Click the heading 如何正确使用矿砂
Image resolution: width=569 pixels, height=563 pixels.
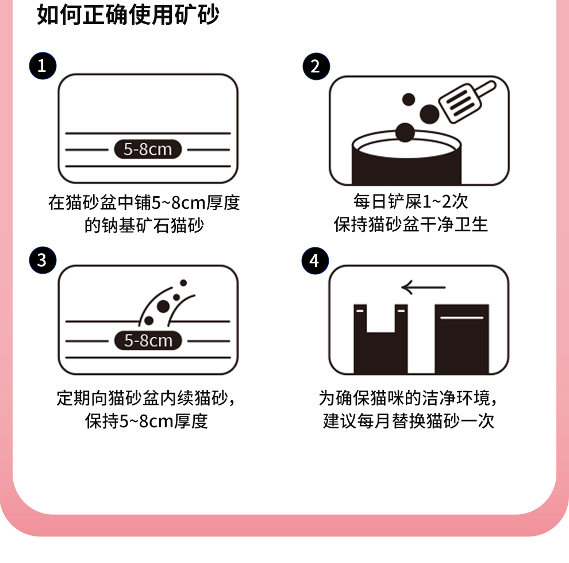(x=128, y=15)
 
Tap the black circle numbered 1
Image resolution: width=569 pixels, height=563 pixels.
(x=43, y=66)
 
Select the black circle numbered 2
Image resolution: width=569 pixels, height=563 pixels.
(x=316, y=66)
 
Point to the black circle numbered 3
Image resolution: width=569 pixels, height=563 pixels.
(x=43, y=261)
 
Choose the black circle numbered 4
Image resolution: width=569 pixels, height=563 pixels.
(x=316, y=261)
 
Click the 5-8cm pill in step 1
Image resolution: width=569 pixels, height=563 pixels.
(x=148, y=149)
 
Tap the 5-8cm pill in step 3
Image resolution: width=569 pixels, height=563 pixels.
(x=148, y=340)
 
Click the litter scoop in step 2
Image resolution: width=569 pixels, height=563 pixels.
(x=467, y=101)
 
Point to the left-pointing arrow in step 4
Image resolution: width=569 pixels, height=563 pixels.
(x=424, y=287)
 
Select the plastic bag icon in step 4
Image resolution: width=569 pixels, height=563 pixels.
(x=380, y=339)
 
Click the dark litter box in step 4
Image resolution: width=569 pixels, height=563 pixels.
(x=462, y=339)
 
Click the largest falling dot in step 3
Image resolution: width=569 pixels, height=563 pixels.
(x=163, y=307)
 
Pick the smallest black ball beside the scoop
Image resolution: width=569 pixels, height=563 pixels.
(x=409, y=99)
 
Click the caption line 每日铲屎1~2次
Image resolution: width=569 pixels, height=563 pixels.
(x=411, y=201)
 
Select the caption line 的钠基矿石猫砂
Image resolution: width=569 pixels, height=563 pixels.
(x=144, y=225)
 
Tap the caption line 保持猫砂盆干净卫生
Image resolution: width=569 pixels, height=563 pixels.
(x=411, y=224)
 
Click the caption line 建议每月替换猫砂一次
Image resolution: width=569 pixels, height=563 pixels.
(x=409, y=421)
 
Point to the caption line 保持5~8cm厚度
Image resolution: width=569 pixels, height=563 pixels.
(x=146, y=421)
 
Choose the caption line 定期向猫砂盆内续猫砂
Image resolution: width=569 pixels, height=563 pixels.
(x=143, y=398)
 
